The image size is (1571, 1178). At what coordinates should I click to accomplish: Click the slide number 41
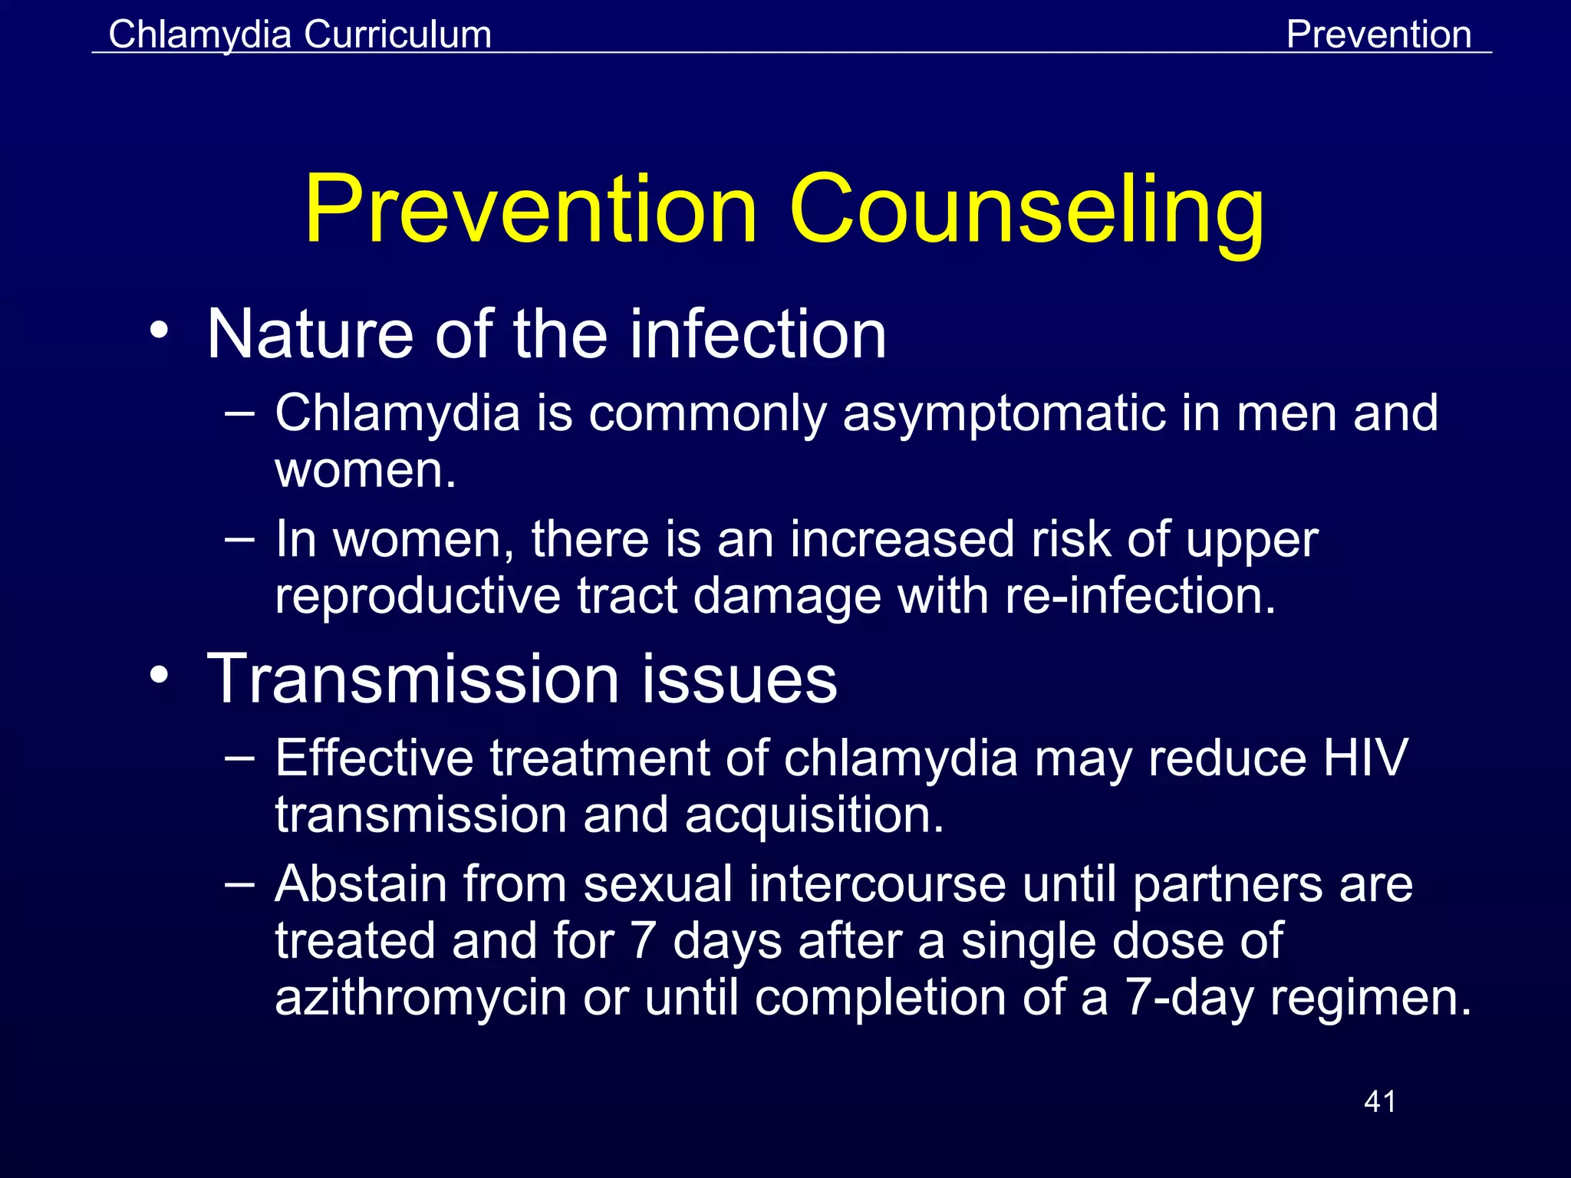[x=1380, y=1101]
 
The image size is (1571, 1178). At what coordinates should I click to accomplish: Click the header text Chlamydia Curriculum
[x=300, y=35]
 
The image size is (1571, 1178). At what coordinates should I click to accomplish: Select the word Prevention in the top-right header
[x=1378, y=35]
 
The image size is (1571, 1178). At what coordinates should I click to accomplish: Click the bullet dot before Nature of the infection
[x=159, y=331]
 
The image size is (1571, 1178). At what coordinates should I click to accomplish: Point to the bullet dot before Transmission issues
[x=159, y=676]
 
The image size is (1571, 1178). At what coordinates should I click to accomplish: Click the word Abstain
[x=361, y=883]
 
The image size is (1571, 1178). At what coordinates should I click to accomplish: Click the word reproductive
[x=417, y=596]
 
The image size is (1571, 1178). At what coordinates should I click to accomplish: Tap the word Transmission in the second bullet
[x=413, y=679]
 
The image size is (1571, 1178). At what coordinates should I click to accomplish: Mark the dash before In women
[x=240, y=538]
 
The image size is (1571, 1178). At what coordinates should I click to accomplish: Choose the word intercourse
[x=877, y=883]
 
